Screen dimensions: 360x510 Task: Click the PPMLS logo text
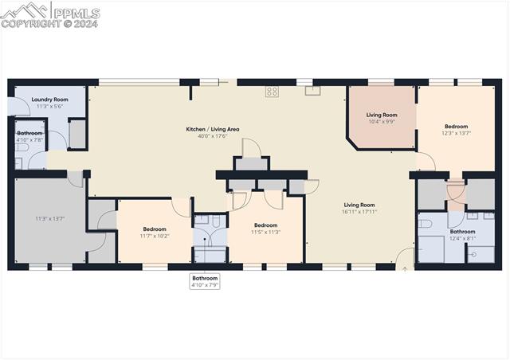(77, 12)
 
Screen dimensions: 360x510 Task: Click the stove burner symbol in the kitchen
(272, 92)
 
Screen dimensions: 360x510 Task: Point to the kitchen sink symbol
(312, 90)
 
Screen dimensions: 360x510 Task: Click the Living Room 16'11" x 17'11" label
(359, 208)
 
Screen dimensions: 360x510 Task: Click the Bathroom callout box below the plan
(205, 281)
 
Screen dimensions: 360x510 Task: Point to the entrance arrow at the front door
(404, 269)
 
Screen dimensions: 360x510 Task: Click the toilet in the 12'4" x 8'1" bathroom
(426, 223)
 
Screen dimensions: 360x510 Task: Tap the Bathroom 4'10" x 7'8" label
(29, 136)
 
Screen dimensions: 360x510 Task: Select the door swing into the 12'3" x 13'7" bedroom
(427, 162)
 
